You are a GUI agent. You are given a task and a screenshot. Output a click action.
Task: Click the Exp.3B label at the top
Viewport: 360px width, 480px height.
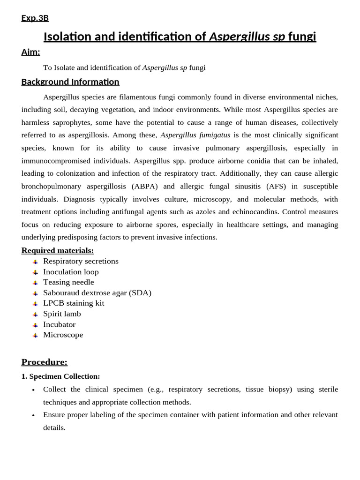[35, 18]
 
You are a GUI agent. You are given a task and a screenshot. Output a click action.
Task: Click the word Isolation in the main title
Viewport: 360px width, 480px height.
[68, 37]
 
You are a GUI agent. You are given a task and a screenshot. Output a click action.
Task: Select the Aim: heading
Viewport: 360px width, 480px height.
[30, 52]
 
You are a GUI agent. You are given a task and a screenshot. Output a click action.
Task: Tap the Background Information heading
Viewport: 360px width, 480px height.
[70, 82]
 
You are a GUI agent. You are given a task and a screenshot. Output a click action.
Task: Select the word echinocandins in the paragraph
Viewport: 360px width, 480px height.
[258, 212]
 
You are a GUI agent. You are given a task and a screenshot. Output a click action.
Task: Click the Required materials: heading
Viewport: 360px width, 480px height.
[58, 250]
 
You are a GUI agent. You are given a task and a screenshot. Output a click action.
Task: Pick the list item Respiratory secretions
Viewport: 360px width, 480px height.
[81, 261]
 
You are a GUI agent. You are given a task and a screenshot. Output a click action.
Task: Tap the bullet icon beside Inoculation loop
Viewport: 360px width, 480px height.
[35, 272]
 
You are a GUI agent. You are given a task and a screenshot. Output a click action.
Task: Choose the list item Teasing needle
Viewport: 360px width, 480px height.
[68, 282]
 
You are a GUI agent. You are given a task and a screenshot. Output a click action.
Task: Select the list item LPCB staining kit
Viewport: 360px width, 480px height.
[74, 303]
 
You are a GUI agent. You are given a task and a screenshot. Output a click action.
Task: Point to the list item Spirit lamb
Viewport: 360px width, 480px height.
[62, 314]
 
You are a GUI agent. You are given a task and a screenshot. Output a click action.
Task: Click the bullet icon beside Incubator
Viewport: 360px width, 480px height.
[35, 325]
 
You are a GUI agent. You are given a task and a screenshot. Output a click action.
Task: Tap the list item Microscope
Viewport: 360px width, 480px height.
[63, 335]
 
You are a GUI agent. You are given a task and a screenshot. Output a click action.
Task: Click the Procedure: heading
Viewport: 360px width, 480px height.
[45, 362]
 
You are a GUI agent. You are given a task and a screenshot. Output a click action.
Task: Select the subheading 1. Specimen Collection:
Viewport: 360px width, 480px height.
[60, 376]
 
